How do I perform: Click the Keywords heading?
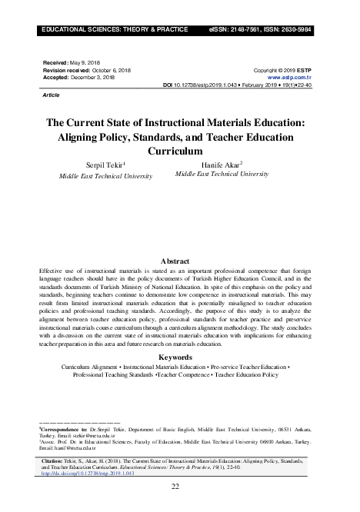[180, 357]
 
